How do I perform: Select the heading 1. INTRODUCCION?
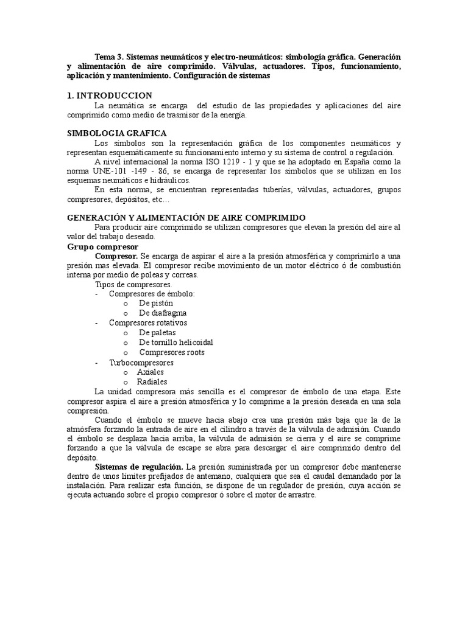[x=109, y=96]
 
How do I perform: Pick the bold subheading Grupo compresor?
[x=102, y=246]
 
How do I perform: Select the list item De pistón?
[x=156, y=303]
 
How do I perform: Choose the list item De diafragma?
[x=162, y=313]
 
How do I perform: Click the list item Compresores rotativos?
[x=148, y=322]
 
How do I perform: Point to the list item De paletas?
[x=157, y=333]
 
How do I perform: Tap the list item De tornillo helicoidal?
[x=175, y=343]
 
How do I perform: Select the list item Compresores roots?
[x=172, y=352]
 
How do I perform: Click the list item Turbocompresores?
[x=141, y=363]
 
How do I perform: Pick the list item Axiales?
[x=151, y=372]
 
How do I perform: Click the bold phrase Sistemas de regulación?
[x=140, y=466]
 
